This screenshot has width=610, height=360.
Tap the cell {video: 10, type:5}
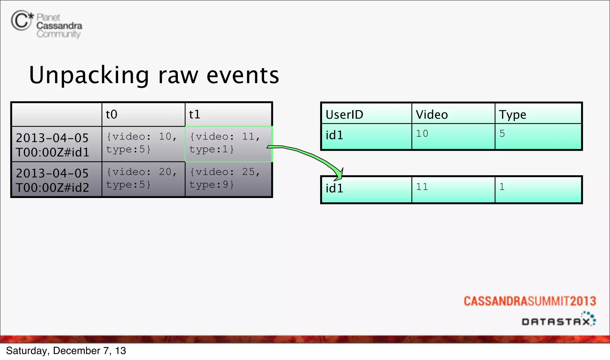142,143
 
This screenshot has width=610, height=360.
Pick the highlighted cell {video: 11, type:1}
225,143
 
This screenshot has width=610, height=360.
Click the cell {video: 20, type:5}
142,179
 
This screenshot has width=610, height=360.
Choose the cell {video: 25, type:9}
225,179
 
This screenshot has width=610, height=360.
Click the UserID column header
345,115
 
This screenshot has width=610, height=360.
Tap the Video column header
432,115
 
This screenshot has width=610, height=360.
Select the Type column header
512,115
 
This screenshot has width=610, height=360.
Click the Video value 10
422,134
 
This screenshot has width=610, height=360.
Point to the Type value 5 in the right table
502,134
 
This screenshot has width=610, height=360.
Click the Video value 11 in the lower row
422,187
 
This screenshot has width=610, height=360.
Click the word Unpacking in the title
89,76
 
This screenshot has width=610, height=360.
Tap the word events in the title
243,76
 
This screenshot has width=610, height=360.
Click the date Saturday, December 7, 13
66,351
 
